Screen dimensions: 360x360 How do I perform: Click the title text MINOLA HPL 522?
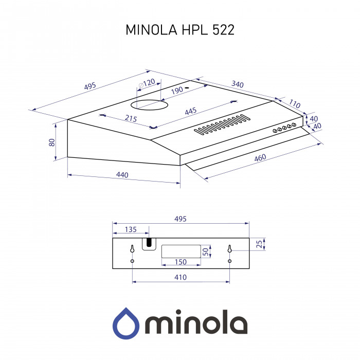[x=180, y=30]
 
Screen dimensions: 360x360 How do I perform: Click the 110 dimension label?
[x=294, y=104]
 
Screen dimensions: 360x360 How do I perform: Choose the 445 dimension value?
[x=191, y=111]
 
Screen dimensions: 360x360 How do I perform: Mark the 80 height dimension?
[x=51, y=142]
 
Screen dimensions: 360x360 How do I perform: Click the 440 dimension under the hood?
[x=122, y=175]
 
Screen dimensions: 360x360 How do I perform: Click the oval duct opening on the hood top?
[x=150, y=105]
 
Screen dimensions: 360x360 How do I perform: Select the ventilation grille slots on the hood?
[x=222, y=125]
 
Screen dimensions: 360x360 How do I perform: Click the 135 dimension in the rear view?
[x=131, y=229]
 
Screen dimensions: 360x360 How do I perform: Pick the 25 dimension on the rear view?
[x=259, y=243]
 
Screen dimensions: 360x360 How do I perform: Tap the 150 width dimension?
[x=181, y=262]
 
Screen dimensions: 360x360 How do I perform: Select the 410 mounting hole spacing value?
[x=180, y=277]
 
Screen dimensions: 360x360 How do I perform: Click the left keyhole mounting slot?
[x=132, y=249]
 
